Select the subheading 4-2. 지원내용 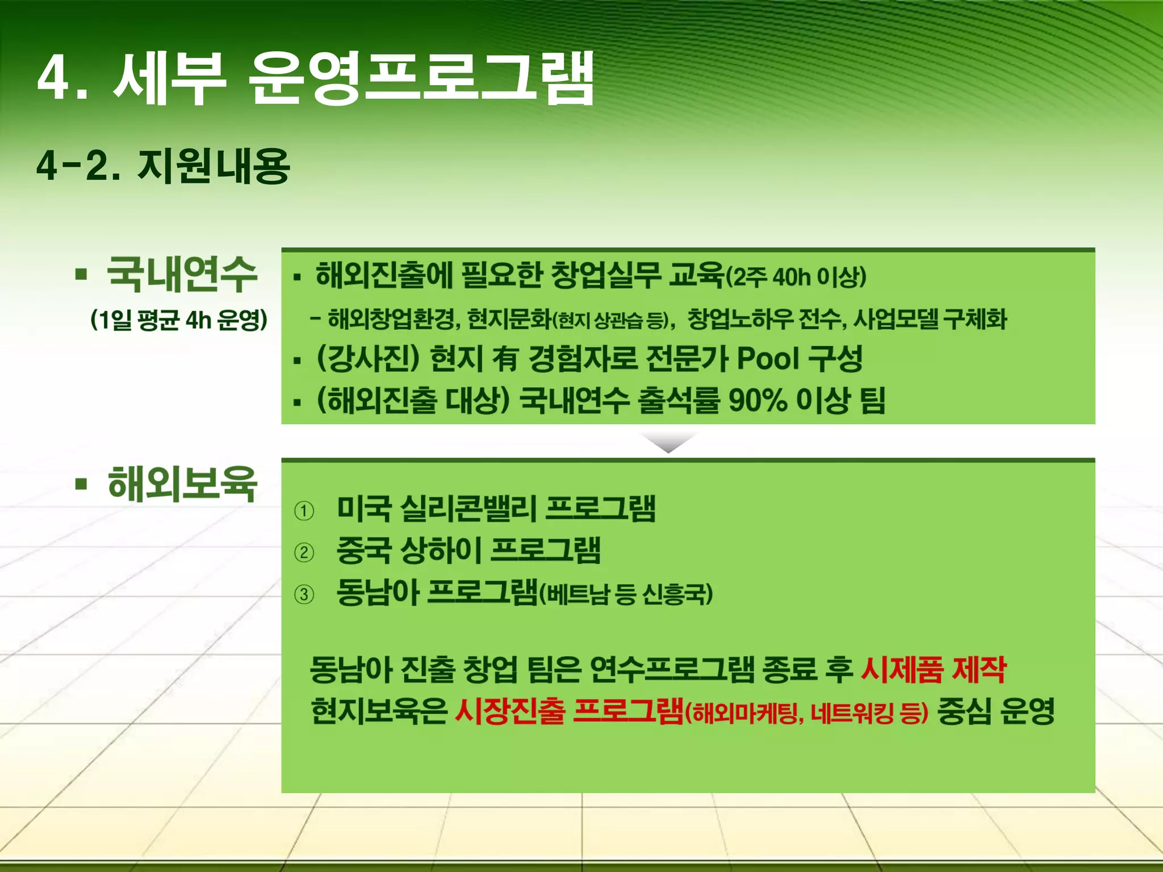(163, 166)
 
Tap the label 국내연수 (182, 274)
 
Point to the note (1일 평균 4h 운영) (179, 320)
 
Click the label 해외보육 (182, 484)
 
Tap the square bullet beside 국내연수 (81, 275)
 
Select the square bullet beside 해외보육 (81, 485)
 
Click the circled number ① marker (304, 511)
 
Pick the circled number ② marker (304, 552)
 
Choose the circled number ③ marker (304, 594)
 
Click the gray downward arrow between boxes (668, 442)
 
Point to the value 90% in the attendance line (758, 401)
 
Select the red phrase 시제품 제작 (933, 670)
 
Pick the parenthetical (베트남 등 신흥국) (625, 594)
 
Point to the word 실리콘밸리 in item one (468, 508)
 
